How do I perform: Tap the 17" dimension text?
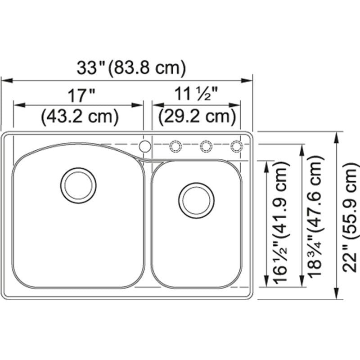[x=81, y=95]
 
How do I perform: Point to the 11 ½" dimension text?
[x=197, y=95]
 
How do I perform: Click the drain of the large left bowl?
[x=78, y=185]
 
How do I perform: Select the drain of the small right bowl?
[x=196, y=200]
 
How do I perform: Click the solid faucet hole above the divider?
[x=145, y=146]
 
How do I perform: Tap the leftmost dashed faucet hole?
[x=175, y=146]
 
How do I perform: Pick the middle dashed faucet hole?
[x=206, y=146]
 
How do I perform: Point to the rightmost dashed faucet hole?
[x=236, y=146]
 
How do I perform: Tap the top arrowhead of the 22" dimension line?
[x=336, y=136]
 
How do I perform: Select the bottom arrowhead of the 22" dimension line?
[x=336, y=296]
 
